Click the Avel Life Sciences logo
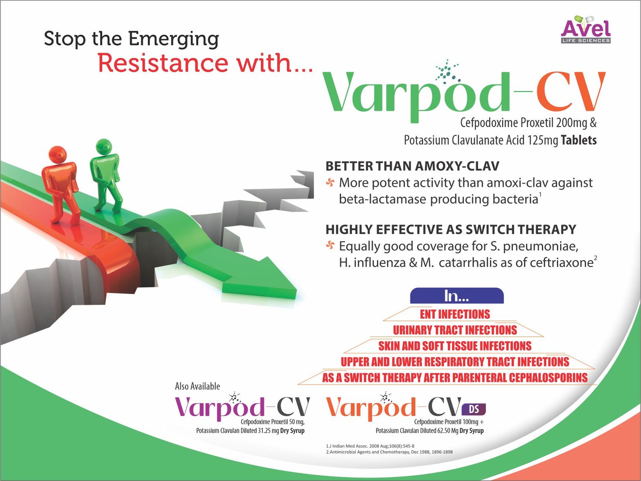[x=586, y=30]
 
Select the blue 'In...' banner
[x=457, y=295]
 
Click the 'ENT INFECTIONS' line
[x=455, y=314]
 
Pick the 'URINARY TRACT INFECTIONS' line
[x=455, y=330]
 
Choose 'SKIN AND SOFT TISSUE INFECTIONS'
[x=455, y=346]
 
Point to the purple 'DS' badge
[x=474, y=409]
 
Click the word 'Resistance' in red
[x=163, y=63]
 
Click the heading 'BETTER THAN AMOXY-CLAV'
[x=412, y=166]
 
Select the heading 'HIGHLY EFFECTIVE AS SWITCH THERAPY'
[x=451, y=230]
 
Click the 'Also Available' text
[x=198, y=386]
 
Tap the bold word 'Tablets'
[x=579, y=140]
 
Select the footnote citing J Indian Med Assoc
[x=370, y=446]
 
